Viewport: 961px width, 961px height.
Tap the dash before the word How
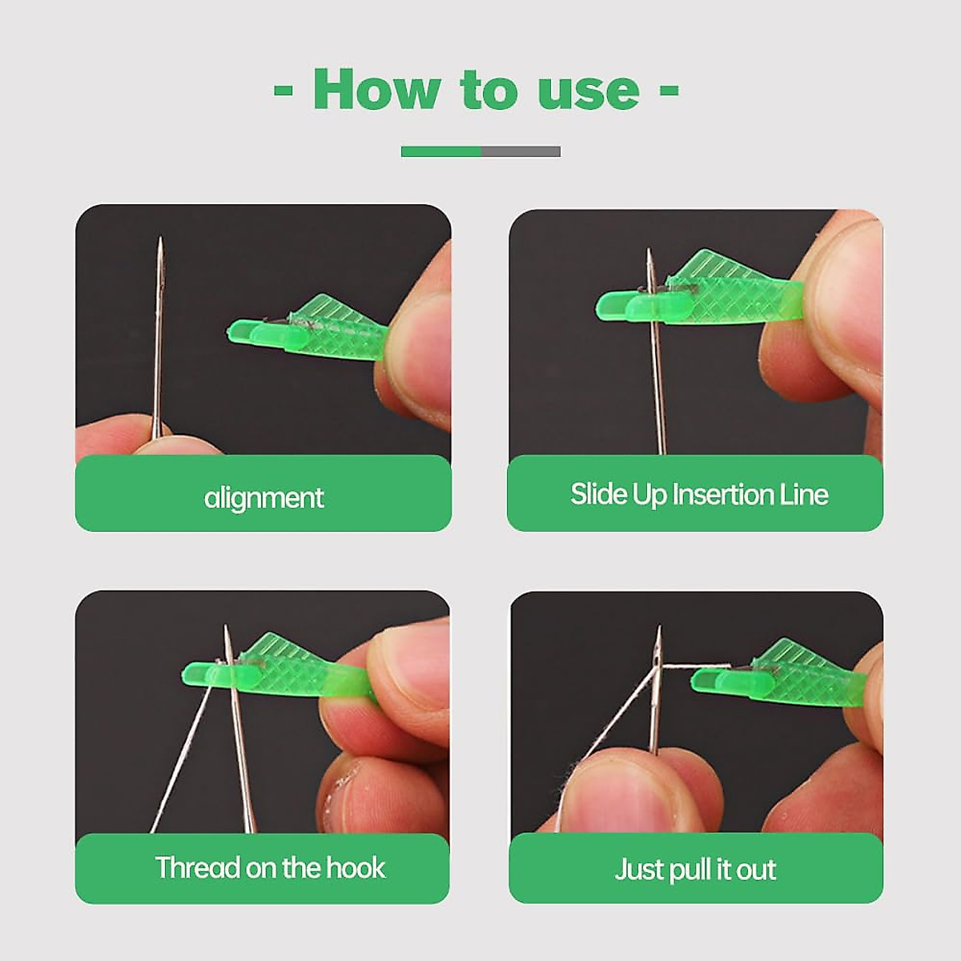[x=283, y=90]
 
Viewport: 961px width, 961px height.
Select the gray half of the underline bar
[x=521, y=151]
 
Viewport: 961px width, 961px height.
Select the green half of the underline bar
[x=440, y=151]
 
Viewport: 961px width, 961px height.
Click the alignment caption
[x=263, y=497]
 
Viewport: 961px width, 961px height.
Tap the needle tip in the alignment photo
[x=159, y=240]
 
